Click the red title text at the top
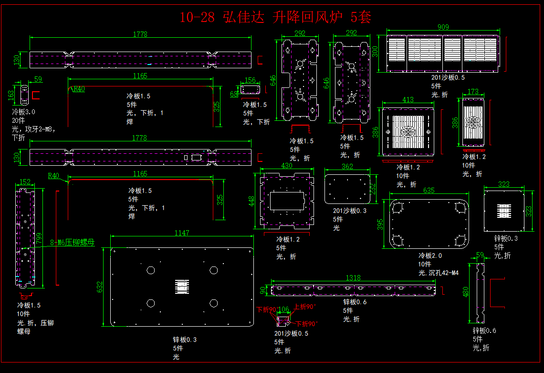tap(275, 18)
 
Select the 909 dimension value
tap(443, 27)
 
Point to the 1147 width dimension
tap(181, 233)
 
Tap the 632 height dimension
tap(100, 287)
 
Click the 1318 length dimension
tap(353, 277)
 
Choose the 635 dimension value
tap(429, 190)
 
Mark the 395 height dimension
tap(380, 224)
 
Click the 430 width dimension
tap(287, 166)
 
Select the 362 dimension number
tap(347, 167)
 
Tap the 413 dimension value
tap(408, 100)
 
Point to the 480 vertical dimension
tap(466, 291)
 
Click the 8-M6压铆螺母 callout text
tap(72, 243)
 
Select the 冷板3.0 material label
tap(23, 112)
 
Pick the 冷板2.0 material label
tap(430, 256)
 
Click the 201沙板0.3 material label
tap(349, 211)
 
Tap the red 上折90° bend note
tap(305, 307)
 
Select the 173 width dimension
tap(473, 92)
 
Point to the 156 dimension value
tap(250, 80)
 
